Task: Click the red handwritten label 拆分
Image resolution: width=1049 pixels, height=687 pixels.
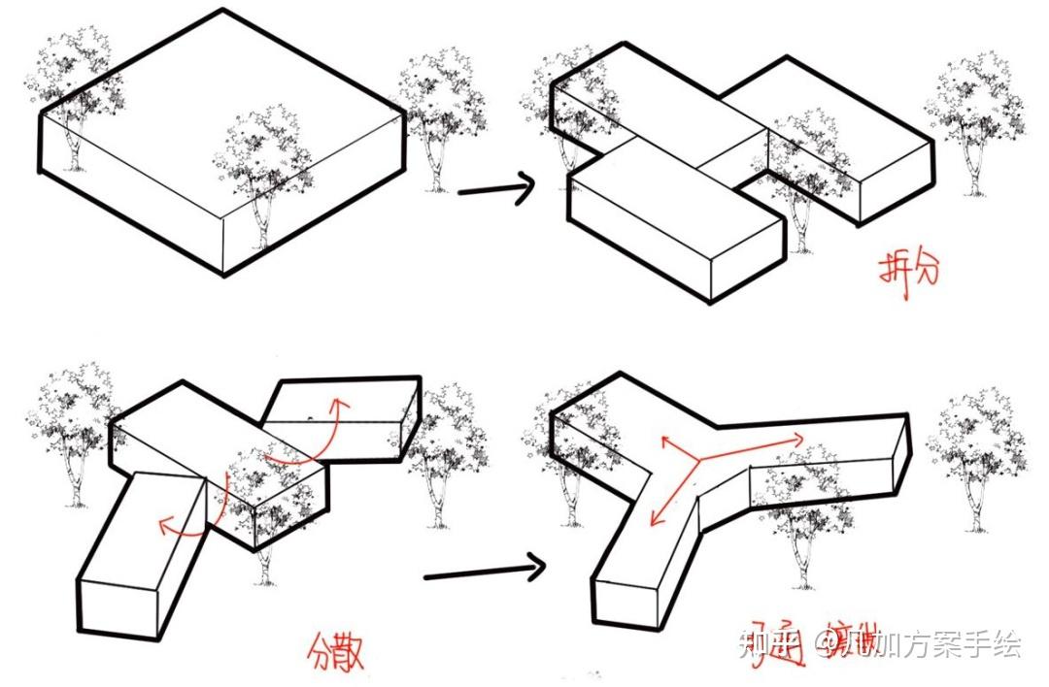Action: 909,275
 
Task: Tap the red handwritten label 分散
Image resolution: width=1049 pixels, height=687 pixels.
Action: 336,651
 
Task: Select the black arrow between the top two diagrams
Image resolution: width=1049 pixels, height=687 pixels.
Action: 495,188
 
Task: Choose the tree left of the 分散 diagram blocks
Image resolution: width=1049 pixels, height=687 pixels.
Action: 73,427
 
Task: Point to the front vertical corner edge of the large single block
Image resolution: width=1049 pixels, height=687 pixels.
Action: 224,243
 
